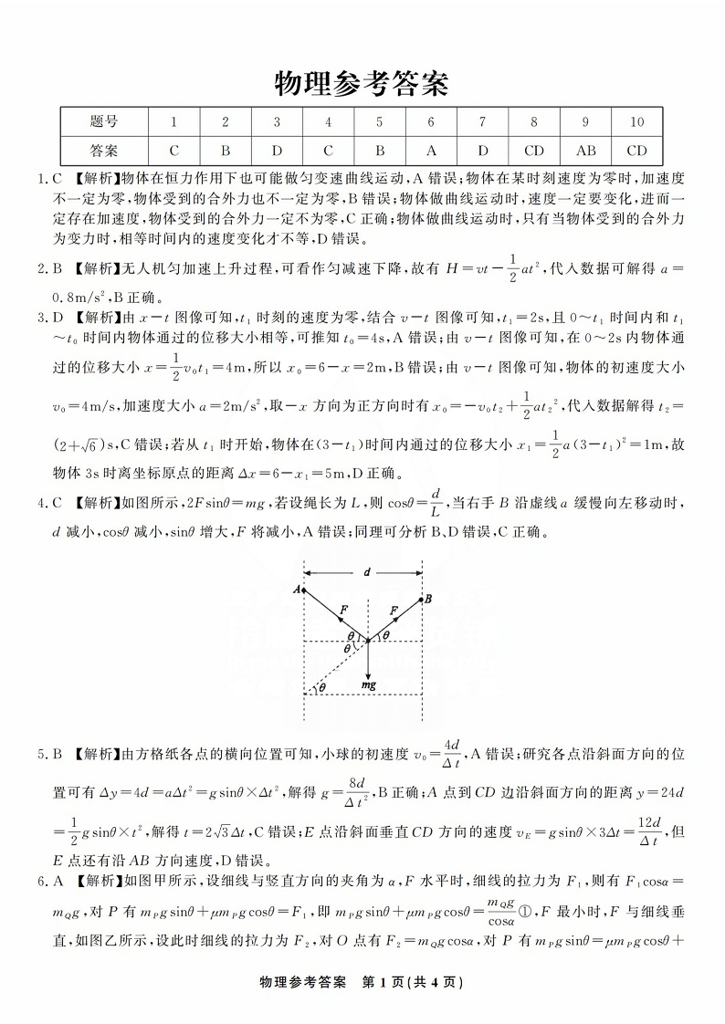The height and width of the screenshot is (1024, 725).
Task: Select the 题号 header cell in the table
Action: click(x=105, y=121)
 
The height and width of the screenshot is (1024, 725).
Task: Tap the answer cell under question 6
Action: click(x=431, y=150)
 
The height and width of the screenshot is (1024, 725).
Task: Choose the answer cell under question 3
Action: click(x=277, y=150)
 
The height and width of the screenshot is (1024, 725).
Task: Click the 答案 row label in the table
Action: click(x=105, y=150)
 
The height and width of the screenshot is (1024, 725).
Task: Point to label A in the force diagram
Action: click(x=297, y=590)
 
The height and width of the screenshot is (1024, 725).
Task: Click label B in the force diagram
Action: click(x=426, y=599)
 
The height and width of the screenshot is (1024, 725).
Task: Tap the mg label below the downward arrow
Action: click(x=368, y=683)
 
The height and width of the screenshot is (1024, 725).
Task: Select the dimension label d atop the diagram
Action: click(x=366, y=573)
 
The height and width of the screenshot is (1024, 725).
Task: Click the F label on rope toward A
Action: click(x=343, y=607)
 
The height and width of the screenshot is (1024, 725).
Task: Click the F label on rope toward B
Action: click(x=394, y=607)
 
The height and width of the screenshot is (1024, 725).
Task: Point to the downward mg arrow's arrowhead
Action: click(x=368, y=670)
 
